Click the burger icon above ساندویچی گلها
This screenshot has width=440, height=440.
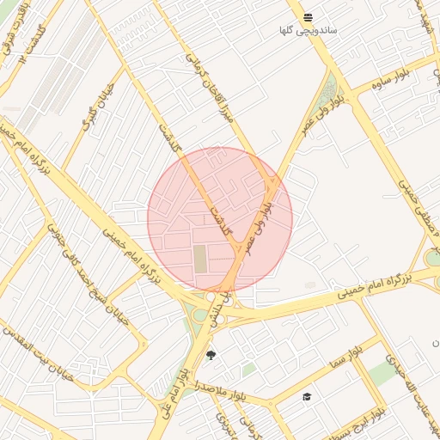308,17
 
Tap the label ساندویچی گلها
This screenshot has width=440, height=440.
308,31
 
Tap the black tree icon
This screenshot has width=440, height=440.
211,355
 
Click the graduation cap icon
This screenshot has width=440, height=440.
306,396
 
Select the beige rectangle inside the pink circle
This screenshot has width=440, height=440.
200,259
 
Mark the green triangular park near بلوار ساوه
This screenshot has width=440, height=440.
329,89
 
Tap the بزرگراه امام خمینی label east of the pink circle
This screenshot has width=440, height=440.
373,286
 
